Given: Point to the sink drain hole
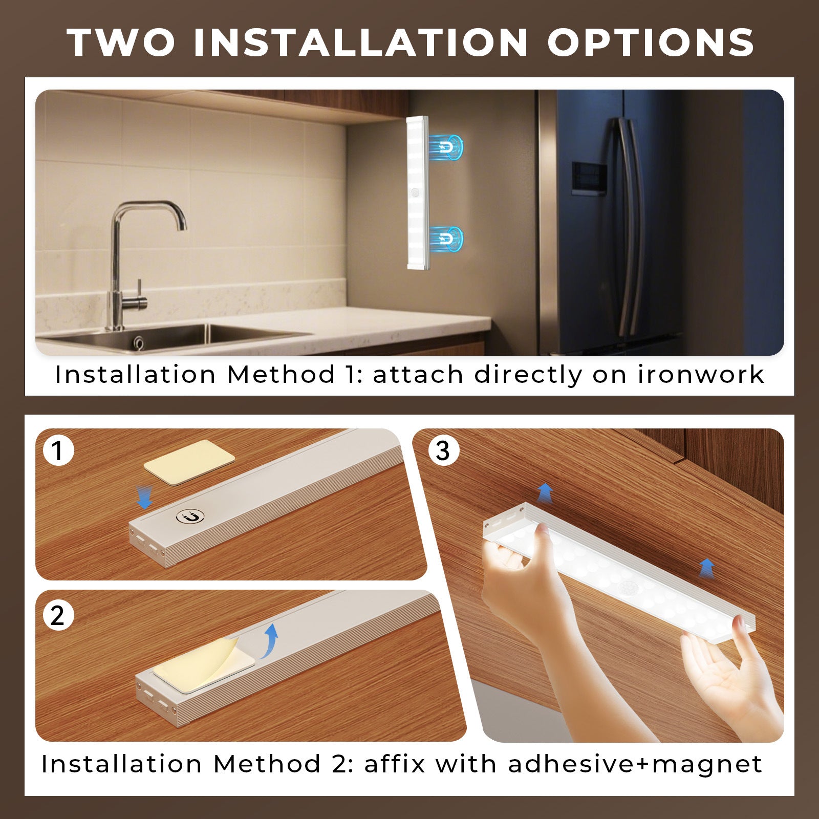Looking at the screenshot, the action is coord(138,342).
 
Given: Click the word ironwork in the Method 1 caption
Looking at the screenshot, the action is coord(701,375).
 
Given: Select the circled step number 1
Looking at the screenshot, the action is coord(58,450).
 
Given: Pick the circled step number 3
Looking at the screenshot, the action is coord(443,450).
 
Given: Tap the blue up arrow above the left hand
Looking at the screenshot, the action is coord(545,493).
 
